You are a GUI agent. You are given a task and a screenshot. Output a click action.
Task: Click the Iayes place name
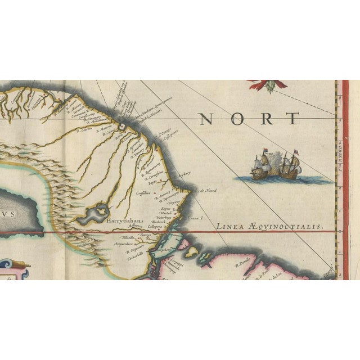tap(152, 182)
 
